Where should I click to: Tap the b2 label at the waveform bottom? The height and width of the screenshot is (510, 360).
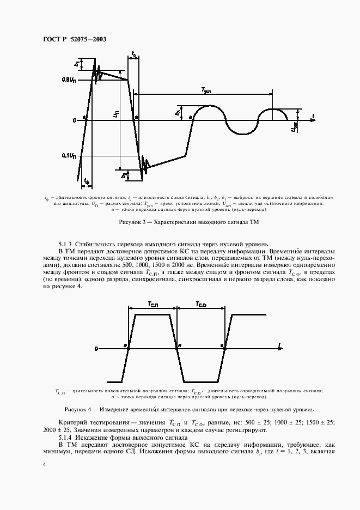(125, 174)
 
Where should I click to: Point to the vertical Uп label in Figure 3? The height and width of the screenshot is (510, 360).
(115, 116)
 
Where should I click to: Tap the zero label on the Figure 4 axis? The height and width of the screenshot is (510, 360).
(96, 348)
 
